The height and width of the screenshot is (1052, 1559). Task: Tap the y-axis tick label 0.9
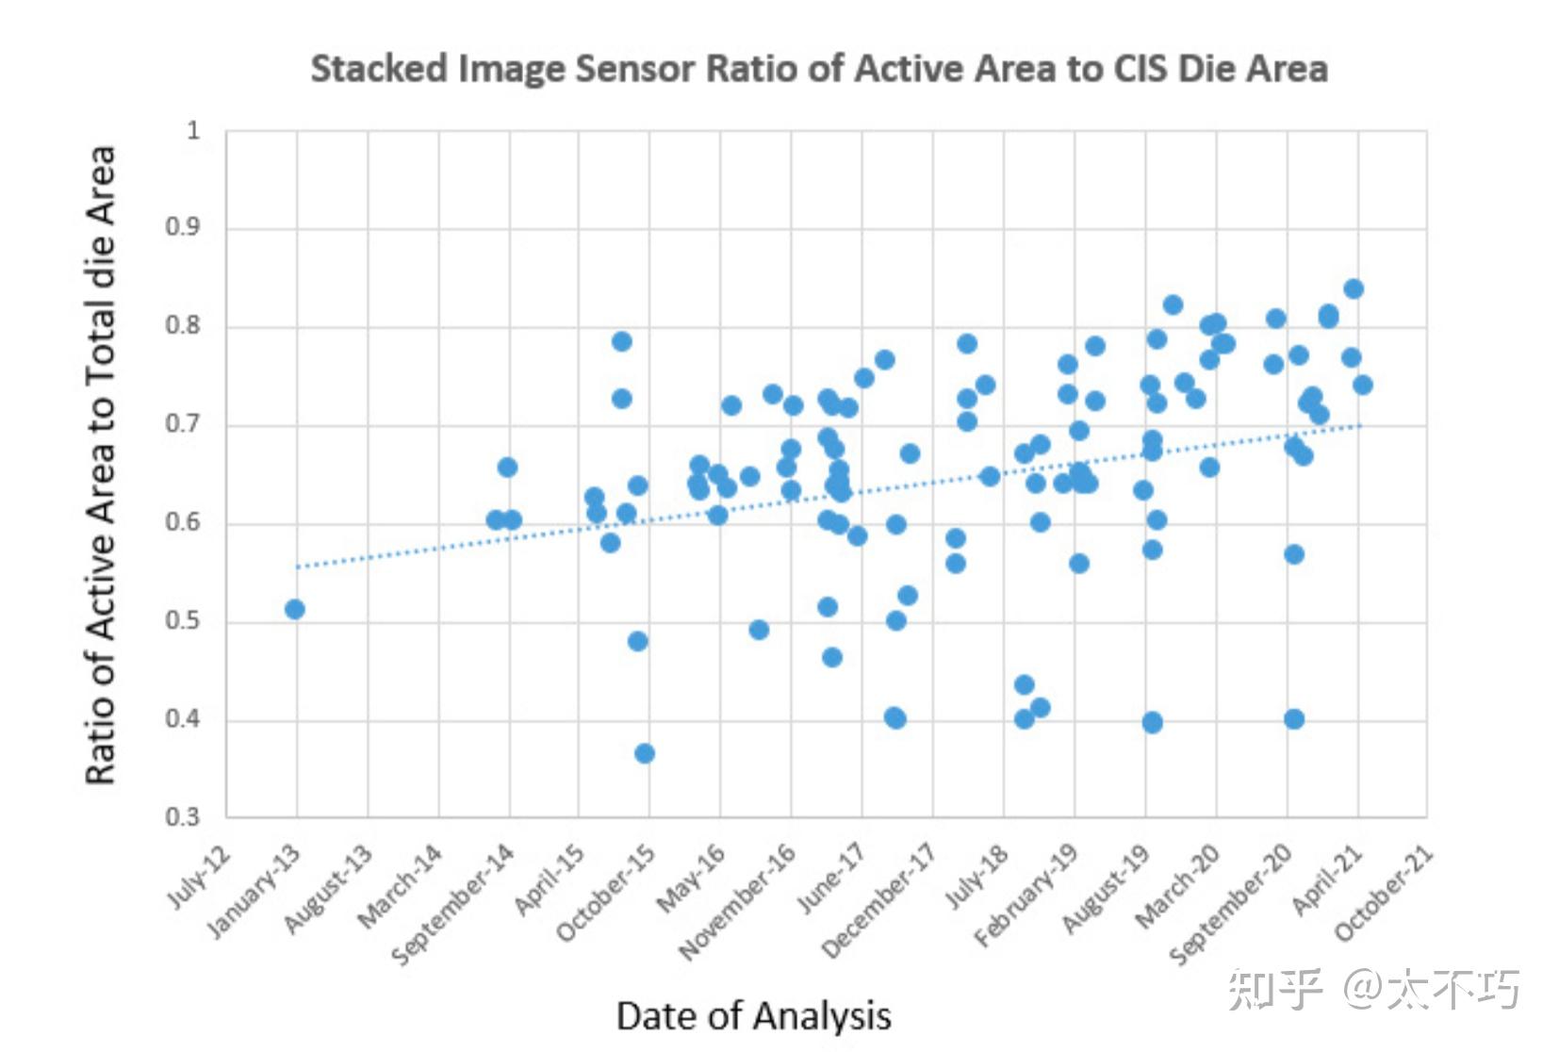point(183,227)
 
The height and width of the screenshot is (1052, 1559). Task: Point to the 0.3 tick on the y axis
point(183,816)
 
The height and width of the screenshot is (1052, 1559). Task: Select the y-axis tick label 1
point(193,130)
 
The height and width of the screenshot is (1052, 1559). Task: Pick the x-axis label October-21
point(1385,892)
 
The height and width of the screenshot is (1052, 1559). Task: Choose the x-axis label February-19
point(1026,896)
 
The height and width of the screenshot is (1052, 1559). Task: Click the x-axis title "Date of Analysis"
point(753,1015)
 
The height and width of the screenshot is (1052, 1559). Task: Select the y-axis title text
point(100,465)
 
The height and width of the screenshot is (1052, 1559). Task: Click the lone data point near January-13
point(295,609)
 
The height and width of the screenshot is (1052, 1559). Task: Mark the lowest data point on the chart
point(645,753)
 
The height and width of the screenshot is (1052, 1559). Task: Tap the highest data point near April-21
point(1354,288)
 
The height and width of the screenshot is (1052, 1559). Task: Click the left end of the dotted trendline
point(298,567)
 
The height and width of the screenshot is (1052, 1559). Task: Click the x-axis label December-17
point(879,900)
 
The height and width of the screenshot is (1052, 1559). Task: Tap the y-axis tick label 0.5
point(183,620)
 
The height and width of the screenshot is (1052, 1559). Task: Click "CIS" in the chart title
point(1140,69)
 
